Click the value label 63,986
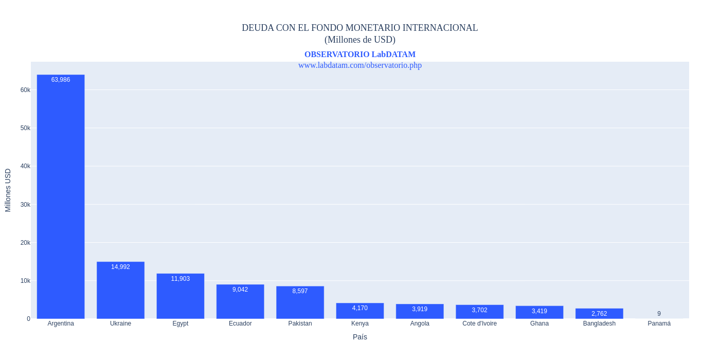point(61,80)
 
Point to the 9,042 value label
point(240,290)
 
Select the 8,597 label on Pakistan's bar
point(300,291)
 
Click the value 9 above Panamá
point(659,314)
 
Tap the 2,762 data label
point(599,314)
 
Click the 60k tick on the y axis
point(25,90)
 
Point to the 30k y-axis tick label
point(25,205)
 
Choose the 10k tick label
point(25,281)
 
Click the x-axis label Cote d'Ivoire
point(479,323)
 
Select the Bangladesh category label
point(599,323)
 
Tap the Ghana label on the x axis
point(539,323)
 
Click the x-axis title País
point(360,337)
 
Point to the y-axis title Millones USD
point(8,190)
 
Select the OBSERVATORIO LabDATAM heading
point(360,55)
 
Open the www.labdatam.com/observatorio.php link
point(360,65)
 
